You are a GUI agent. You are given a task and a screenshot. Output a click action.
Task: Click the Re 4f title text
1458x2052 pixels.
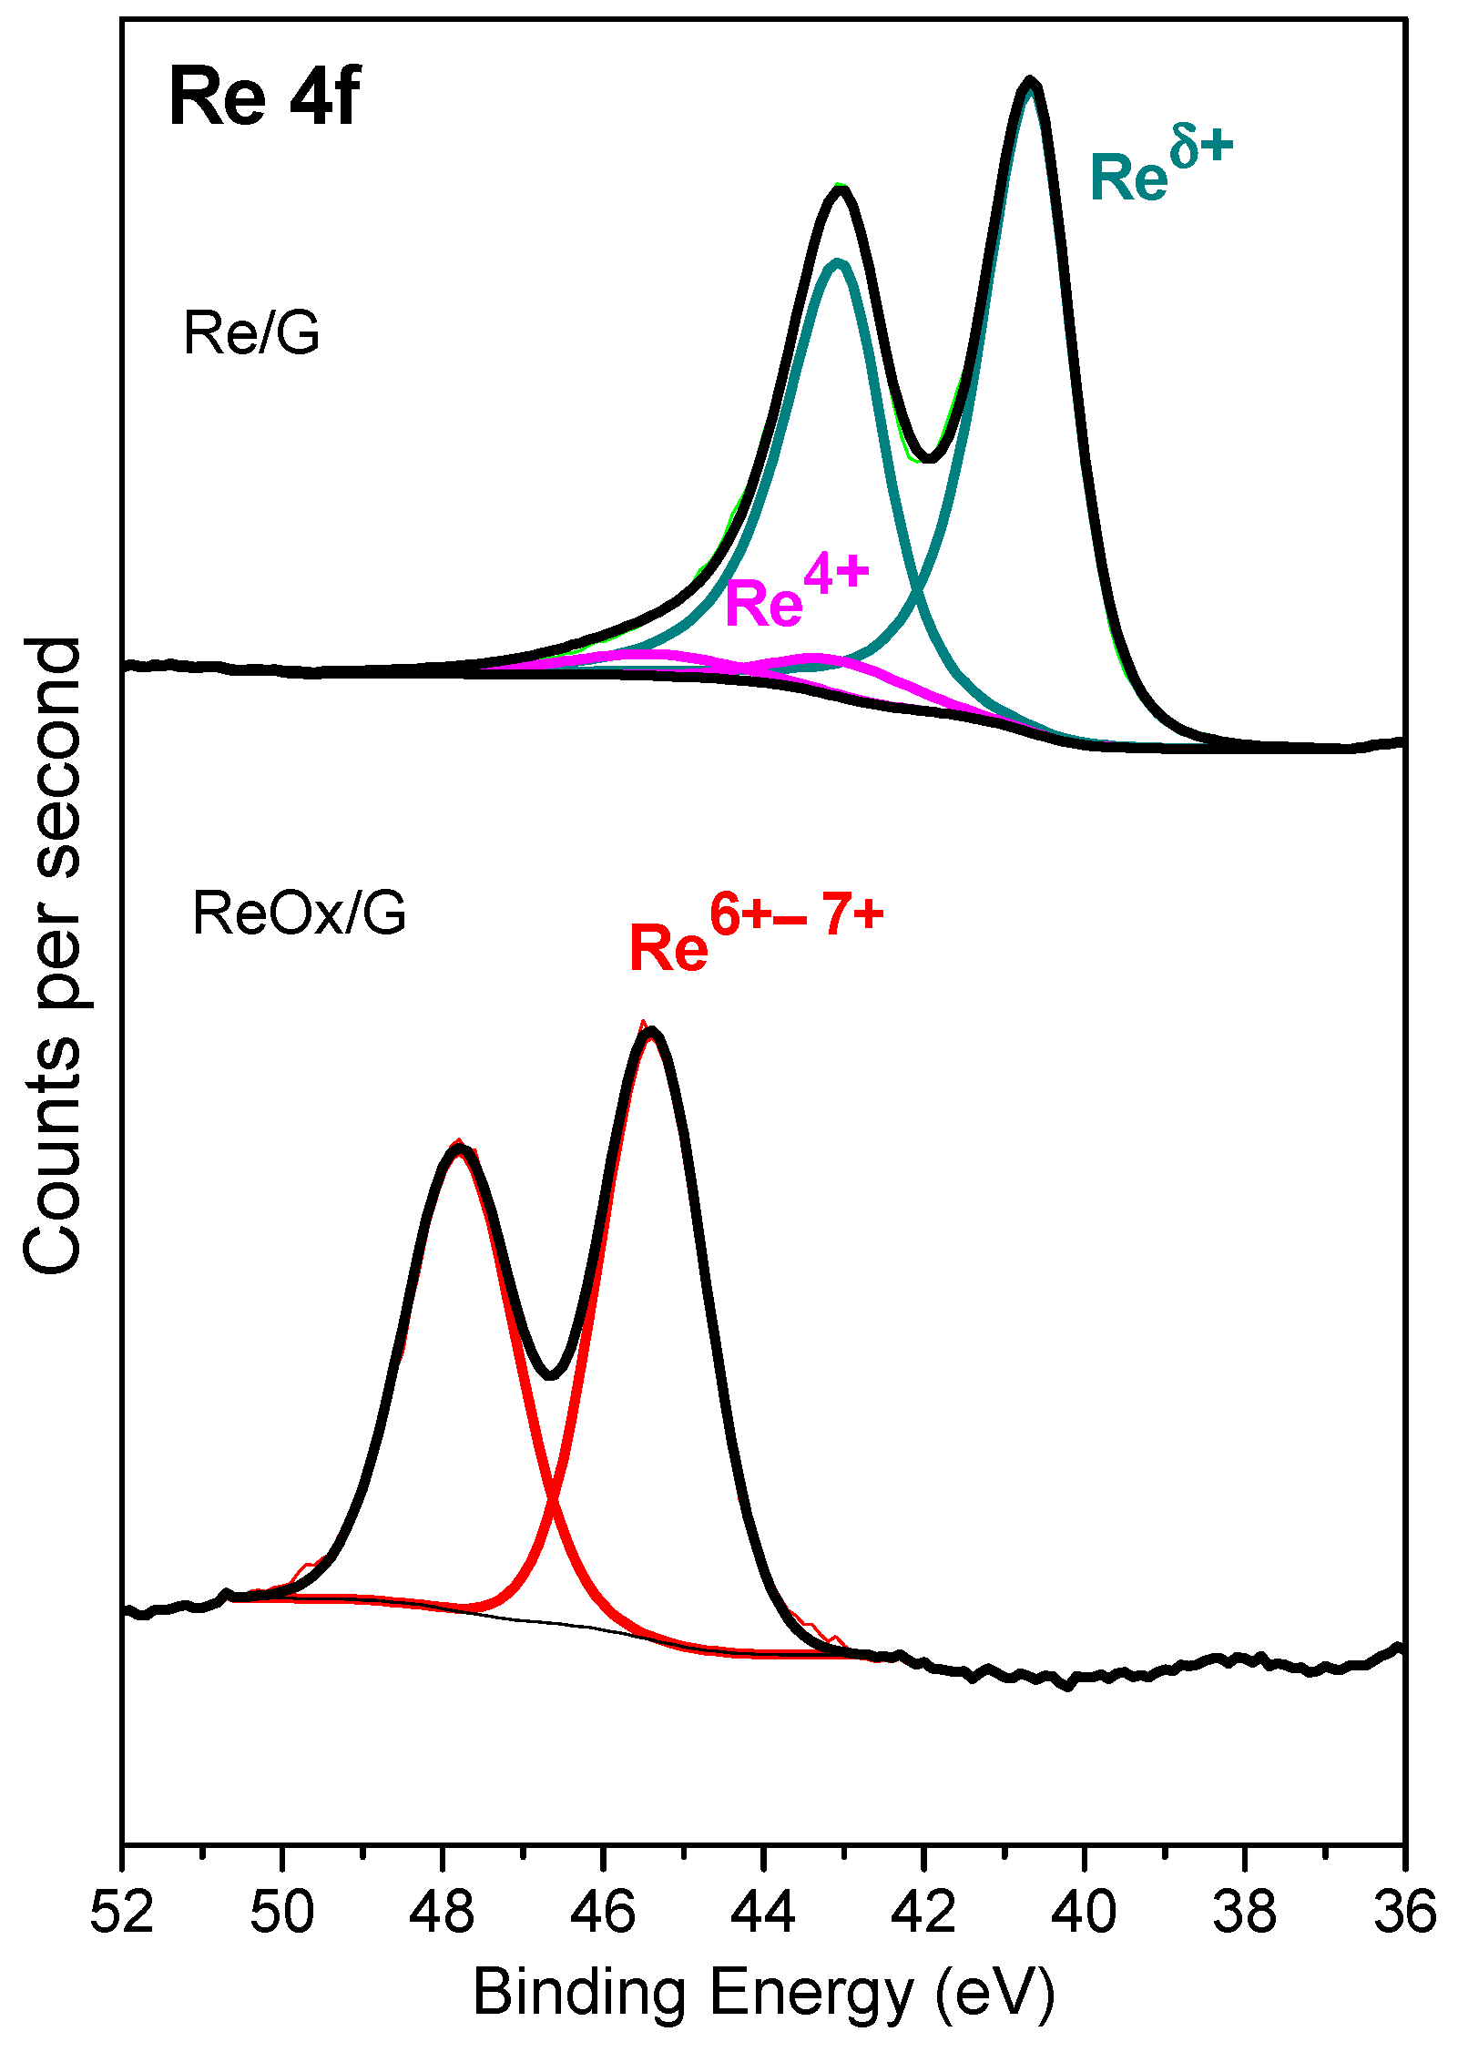[x=263, y=97]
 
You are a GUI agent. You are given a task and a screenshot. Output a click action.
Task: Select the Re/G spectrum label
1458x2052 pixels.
[x=251, y=333]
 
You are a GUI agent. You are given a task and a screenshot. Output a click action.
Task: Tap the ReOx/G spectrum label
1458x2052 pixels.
[x=299, y=914]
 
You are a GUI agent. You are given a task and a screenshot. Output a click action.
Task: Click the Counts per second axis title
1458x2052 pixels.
[x=53, y=955]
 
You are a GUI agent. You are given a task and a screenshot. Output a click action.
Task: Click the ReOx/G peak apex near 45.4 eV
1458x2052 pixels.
[x=649, y=1031]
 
